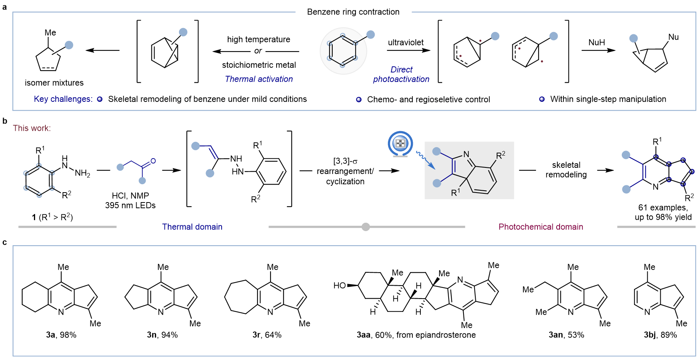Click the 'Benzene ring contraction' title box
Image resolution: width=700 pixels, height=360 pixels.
353,12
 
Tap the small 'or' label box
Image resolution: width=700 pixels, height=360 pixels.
258,51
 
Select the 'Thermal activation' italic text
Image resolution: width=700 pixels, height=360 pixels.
259,79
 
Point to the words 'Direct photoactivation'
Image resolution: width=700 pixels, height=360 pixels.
401,74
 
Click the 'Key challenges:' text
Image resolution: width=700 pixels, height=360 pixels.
63,99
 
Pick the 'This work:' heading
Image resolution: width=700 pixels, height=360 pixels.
32,128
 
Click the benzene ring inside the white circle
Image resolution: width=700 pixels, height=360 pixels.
343,51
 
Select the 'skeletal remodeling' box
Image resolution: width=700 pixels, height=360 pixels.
566,170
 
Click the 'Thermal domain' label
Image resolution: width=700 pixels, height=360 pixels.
192,227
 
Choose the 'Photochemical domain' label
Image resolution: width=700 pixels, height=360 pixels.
541,227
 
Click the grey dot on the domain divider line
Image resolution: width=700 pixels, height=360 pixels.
365,227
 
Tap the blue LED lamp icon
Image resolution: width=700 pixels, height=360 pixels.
400,144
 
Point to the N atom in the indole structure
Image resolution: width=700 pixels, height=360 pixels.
466,154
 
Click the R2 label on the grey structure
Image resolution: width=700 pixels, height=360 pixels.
500,155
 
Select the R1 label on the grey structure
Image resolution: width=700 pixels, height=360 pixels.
455,192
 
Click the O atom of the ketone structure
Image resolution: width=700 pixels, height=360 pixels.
153,161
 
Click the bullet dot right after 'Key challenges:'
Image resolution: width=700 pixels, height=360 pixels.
100,99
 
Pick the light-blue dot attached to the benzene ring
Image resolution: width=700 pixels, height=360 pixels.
370,35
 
